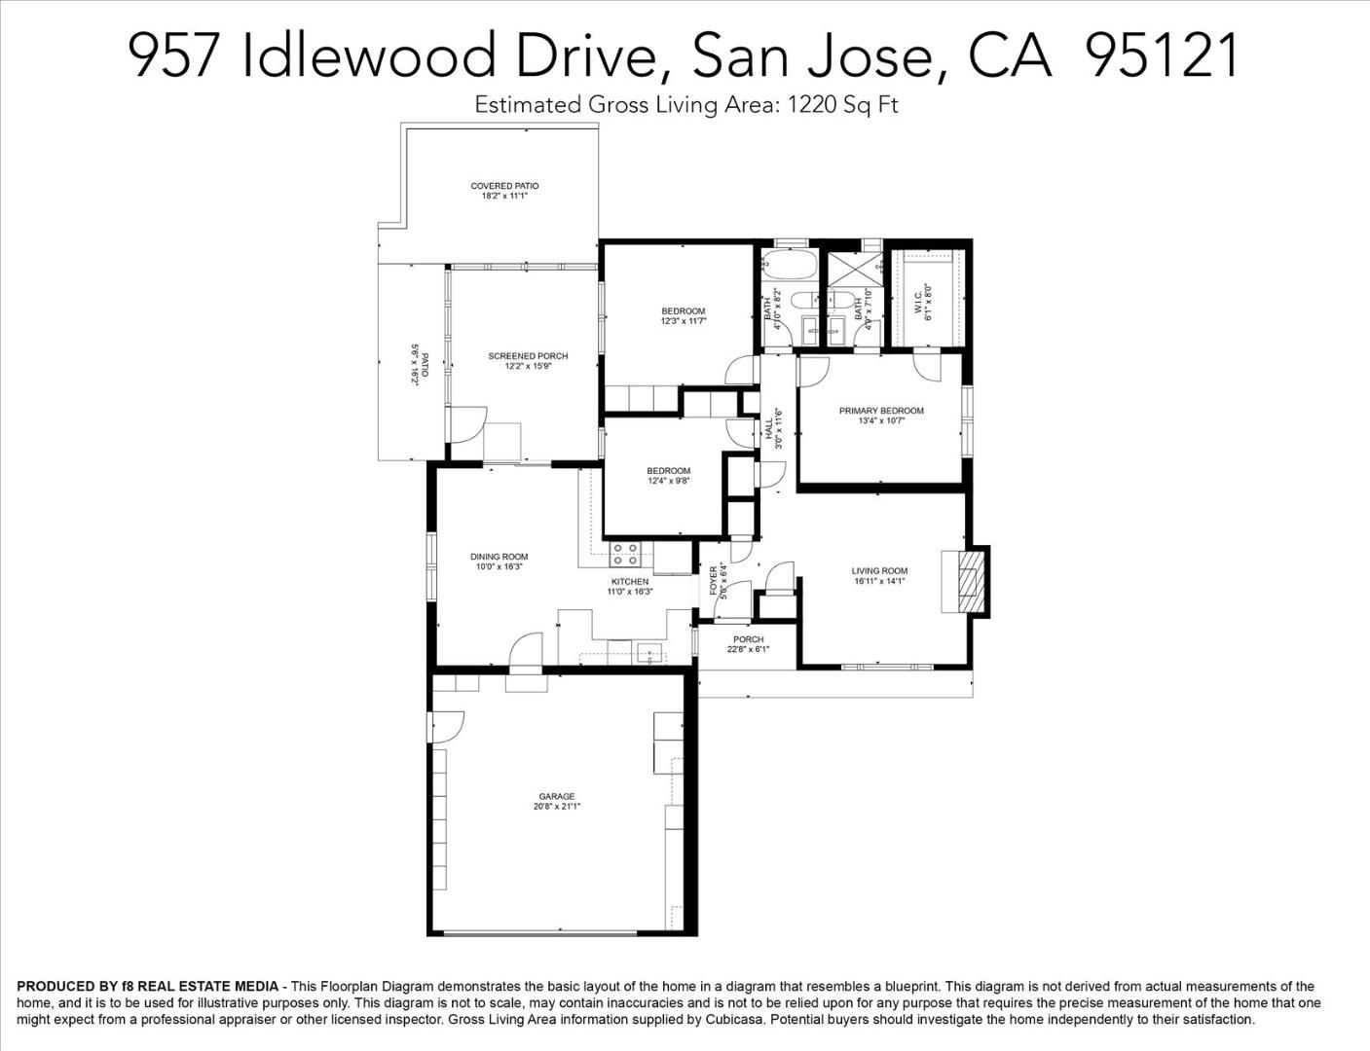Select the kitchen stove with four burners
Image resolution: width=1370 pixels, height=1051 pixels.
tap(625, 554)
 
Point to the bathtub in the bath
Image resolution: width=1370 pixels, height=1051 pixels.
tap(790, 267)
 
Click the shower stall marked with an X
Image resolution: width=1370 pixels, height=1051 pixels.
tap(855, 270)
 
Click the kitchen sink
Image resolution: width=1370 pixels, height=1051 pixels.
tap(649, 653)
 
